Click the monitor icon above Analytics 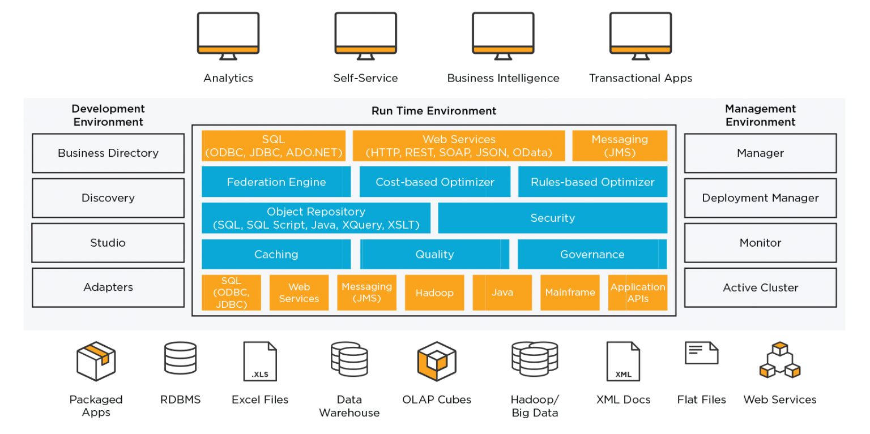228,36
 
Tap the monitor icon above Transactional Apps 641,36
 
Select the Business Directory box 108,153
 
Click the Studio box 108,243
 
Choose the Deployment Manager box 760,198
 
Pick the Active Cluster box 760,287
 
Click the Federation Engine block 276,182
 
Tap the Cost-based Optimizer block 434,182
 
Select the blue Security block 553,218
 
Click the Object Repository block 315,218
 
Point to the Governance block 592,255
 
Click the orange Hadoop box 434,293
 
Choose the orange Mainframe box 570,293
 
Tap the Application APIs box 638,293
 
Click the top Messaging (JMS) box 620,146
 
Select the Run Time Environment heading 434,111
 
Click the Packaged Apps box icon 96,361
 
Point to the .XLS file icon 260,361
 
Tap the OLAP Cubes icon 437,361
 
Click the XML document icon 623,361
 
